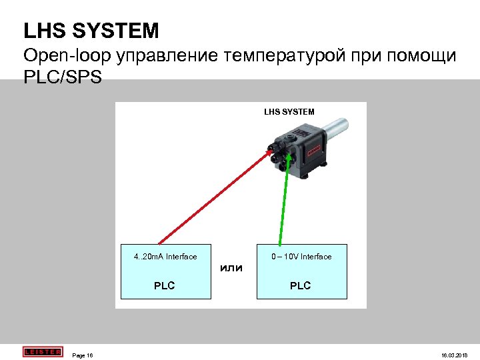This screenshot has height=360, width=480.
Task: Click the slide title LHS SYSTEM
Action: coord(91,30)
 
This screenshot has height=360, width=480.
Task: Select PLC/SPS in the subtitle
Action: coord(63,77)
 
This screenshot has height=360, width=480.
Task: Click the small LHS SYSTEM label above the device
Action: coord(289,111)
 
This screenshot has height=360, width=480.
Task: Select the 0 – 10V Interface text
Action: coord(301,257)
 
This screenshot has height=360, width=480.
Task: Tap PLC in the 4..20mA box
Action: coord(164,286)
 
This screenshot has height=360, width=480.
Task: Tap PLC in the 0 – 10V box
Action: coord(300,286)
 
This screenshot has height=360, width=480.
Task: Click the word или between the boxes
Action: coord(231,268)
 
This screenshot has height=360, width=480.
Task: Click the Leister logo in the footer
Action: coord(41,351)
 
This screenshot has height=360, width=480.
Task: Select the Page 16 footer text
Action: coord(83,355)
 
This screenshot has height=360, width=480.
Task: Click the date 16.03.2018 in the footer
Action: coord(455,355)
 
